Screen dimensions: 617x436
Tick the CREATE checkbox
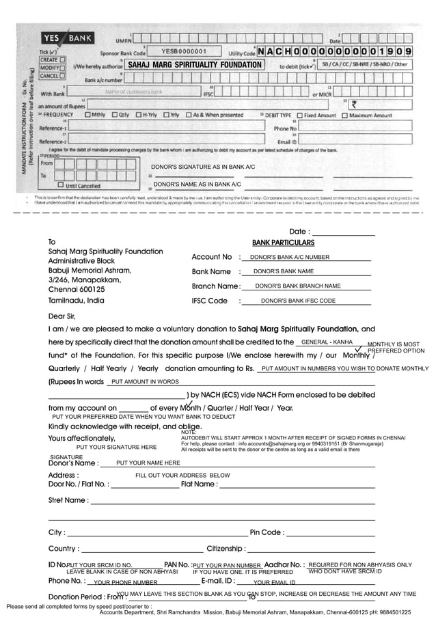coord(62,59)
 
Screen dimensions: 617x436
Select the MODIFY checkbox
coord(62,68)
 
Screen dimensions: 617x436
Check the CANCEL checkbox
coord(62,76)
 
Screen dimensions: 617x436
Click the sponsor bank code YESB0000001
coord(185,51)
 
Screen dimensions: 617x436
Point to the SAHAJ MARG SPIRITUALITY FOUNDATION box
coord(195,65)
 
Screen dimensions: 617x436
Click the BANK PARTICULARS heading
coord(283,243)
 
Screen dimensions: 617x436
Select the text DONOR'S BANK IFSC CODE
coord(298,301)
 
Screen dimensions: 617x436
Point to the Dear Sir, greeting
coord(61,316)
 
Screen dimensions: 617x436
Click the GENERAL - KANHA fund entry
coord(327,342)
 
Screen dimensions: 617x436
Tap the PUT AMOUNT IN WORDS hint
coord(145,382)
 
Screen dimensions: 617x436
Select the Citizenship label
coord(226,549)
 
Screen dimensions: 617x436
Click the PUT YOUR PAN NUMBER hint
coord(228,566)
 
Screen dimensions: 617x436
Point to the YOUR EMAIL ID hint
coord(274,583)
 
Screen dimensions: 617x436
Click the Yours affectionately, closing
coord(82,439)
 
